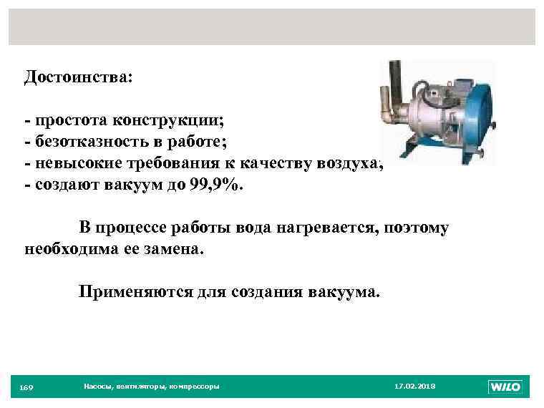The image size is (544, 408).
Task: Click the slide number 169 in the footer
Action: coord(26,387)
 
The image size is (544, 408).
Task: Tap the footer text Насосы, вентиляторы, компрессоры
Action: coord(151,387)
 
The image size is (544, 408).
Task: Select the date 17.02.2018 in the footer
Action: coord(414,387)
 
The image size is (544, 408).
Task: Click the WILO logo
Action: coord(505,387)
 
